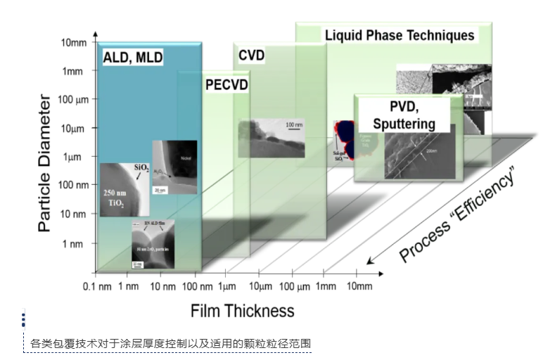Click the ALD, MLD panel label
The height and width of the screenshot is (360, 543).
pyautogui.click(x=133, y=58)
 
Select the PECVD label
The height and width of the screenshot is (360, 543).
pyautogui.click(x=229, y=84)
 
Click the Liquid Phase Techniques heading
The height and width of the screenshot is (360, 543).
pyautogui.click(x=399, y=34)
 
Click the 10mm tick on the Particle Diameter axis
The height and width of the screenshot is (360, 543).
pyautogui.click(x=74, y=42)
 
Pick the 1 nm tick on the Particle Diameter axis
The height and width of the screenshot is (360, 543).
pyautogui.click(x=73, y=243)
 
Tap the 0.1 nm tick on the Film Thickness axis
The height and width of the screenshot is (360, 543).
pyautogui.click(x=98, y=286)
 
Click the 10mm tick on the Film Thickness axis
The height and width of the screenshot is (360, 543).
pyautogui.click(x=359, y=286)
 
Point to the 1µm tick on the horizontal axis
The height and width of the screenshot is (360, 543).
pyautogui.click(x=226, y=286)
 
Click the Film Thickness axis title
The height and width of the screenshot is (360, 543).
pyautogui.click(x=242, y=310)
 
